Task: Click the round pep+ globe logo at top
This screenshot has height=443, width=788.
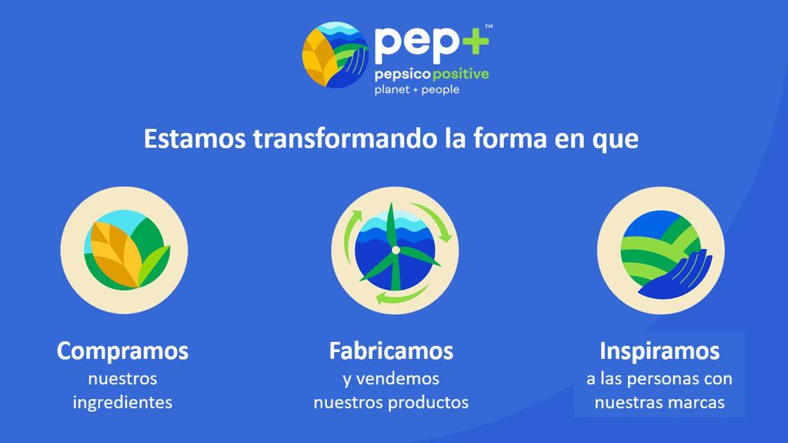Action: click(336, 55)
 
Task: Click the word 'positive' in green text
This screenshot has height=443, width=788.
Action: click(460, 75)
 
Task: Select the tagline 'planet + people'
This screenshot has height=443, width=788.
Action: click(416, 89)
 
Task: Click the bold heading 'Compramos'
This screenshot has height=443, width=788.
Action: click(122, 351)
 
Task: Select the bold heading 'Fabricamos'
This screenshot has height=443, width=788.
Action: click(391, 351)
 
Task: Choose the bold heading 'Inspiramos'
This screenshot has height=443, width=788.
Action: click(659, 351)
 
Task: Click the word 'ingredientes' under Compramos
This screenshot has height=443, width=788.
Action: click(122, 403)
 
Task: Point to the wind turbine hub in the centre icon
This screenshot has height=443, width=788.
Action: click(396, 250)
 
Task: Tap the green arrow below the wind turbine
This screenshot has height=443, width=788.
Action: click(400, 296)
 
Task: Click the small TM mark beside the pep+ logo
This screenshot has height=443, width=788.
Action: click(489, 27)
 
